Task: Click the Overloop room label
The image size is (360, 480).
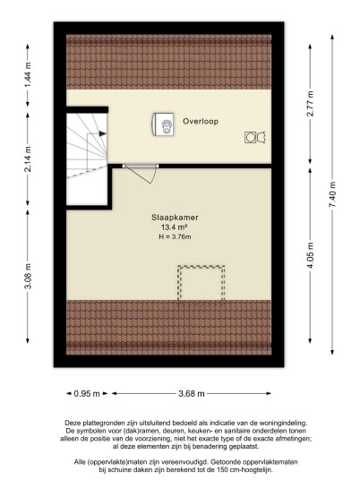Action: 201,121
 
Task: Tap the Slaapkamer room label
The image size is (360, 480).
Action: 175,218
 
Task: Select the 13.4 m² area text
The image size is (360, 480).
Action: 175,227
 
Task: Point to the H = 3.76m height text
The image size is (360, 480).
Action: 175,236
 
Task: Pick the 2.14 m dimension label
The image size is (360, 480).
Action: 28,159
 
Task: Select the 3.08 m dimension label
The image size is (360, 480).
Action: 28,276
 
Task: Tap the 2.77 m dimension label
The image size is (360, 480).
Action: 310,104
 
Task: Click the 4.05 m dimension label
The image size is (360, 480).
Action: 310,255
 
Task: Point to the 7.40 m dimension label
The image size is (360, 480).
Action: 332,194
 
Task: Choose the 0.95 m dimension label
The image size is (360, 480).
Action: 87,394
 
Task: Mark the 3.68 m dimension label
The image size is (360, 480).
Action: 192,394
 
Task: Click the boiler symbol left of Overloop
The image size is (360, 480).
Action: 163,124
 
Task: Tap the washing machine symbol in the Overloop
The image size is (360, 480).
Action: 255,137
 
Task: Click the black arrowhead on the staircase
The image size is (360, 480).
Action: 103,133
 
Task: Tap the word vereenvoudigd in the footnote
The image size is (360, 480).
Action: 189,462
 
